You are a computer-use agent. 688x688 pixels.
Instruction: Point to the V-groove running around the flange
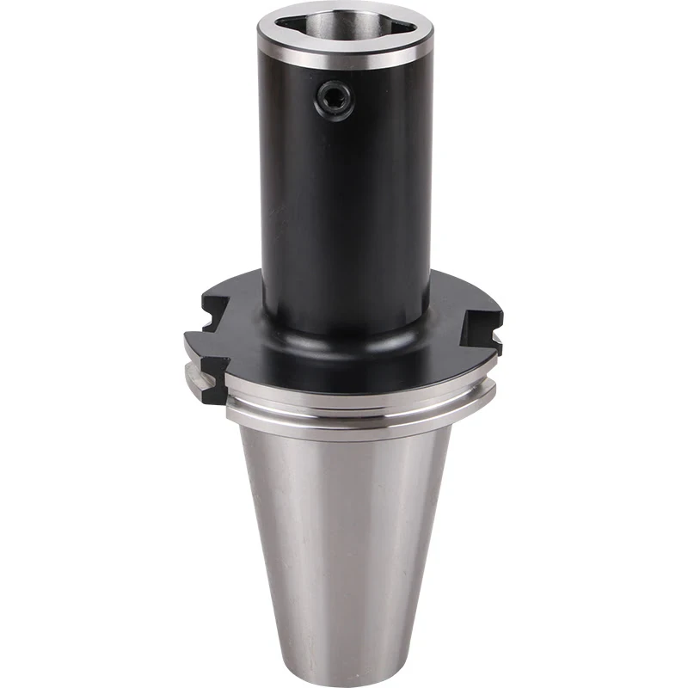pyautogui.click(x=361, y=398)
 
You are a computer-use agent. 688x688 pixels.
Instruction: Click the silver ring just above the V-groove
pyautogui.click(x=361, y=385)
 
